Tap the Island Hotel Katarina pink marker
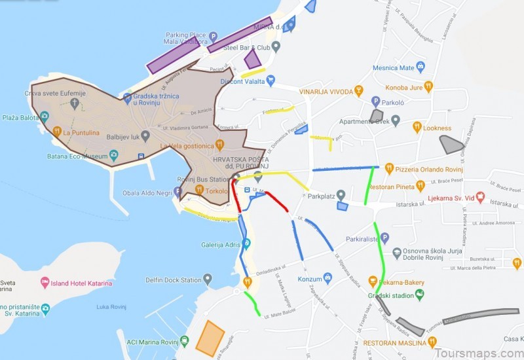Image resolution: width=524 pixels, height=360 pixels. [x=45, y=282]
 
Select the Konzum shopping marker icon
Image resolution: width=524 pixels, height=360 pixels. [x=327, y=279]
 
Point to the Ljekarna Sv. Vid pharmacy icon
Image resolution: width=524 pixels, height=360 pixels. [x=480, y=196]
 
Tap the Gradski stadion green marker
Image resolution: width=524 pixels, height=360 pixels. [x=420, y=293]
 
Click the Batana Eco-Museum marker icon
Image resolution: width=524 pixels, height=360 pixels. [x=114, y=155]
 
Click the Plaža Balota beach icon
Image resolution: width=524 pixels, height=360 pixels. [x=44, y=117]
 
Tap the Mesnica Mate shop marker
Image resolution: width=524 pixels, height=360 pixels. [x=420, y=67]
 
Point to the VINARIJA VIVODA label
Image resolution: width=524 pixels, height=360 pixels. [x=326, y=92]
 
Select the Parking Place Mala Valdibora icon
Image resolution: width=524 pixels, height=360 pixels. [x=213, y=36]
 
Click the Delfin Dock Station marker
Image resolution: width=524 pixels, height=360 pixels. [x=208, y=279]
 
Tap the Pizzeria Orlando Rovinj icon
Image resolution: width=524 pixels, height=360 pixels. [x=389, y=168]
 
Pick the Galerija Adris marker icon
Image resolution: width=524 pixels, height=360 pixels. [x=246, y=244]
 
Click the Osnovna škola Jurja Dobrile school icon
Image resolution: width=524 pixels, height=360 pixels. [x=396, y=252]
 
